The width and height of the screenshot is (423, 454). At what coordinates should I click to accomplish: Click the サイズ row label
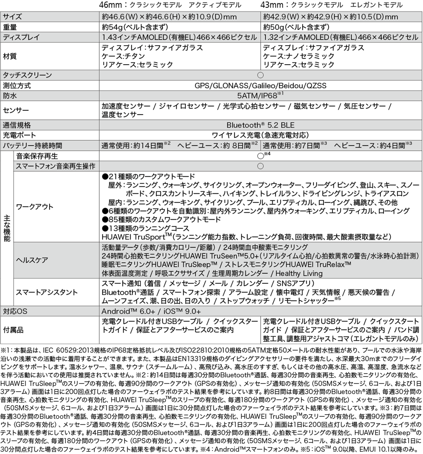12,17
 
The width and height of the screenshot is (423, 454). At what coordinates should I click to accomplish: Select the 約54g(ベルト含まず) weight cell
134,27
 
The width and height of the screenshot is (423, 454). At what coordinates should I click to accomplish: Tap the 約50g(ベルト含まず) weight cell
296,27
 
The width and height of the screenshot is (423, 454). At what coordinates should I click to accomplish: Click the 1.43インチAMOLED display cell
179,37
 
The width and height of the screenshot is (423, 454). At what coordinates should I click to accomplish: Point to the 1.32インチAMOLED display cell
340,37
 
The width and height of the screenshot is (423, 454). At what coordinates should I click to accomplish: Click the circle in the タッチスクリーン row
260,75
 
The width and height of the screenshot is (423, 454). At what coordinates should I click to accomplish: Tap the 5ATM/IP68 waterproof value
260,95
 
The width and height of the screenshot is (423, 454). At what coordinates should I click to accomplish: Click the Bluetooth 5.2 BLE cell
260,125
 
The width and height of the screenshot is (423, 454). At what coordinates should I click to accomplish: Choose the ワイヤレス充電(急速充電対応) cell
260,135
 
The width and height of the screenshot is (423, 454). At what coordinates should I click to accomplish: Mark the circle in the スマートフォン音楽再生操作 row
260,166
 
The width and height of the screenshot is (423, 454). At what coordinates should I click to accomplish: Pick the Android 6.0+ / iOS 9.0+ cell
151,311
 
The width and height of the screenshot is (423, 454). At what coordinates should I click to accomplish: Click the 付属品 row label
13,330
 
